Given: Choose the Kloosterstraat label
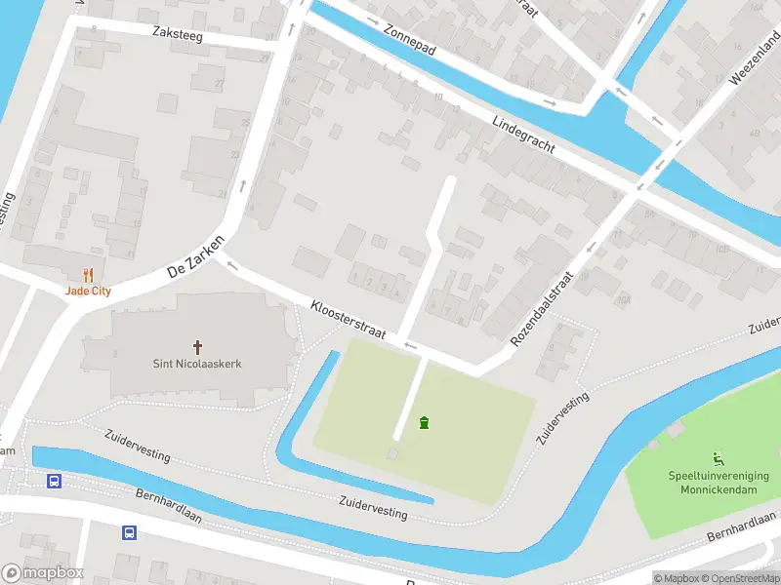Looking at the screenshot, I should pyautogui.click(x=348, y=319).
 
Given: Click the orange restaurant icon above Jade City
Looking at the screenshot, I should pyautogui.click(x=88, y=274).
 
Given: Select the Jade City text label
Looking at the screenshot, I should pyautogui.click(x=88, y=290).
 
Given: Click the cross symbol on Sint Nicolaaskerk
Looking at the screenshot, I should pyautogui.click(x=197, y=347).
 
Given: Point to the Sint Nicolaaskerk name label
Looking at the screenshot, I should pyautogui.click(x=197, y=364).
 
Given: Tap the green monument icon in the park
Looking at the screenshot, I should pyautogui.click(x=424, y=423).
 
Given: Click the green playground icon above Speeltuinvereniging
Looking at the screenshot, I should pyautogui.click(x=719, y=458).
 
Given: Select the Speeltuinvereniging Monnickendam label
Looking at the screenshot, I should pyautogui.click(x=719, y=482).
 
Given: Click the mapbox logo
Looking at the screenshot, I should pyautogui.click(x=41, y=573).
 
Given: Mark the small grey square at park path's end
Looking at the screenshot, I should pyautogui.click(x=392, y=454).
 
